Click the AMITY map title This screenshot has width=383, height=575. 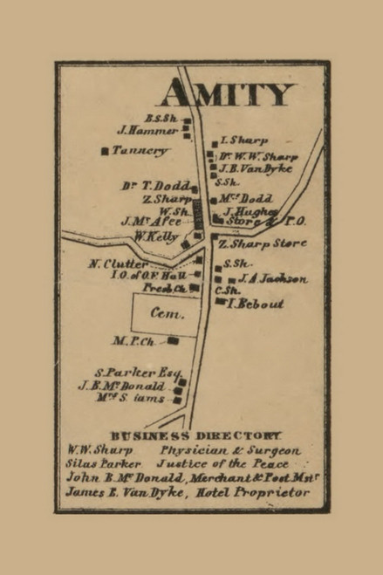click(x=229, y=92)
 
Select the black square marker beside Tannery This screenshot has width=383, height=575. click(x=106, y=151)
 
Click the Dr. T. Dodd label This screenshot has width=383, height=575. click(x=156, y=185)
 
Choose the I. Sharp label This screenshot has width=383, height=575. click(x=244, y=140)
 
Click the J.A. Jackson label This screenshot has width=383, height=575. click(x=272, y=278)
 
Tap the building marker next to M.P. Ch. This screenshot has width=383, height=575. click(x=174, y=340)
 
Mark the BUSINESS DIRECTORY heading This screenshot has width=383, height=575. click(x=195, y=435)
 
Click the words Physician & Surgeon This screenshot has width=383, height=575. click(x=230, y=450)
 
